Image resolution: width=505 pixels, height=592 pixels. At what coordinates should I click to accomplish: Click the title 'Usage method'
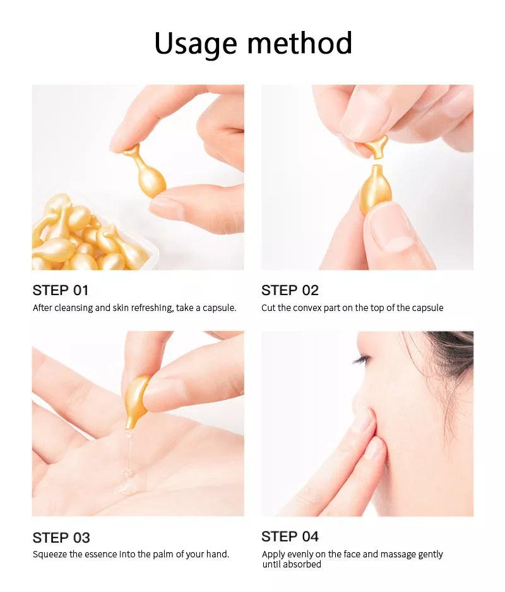point(253,44)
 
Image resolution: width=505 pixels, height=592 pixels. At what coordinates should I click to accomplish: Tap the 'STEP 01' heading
point(61,291)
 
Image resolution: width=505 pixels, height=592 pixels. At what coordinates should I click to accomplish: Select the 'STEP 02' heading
point(290,291)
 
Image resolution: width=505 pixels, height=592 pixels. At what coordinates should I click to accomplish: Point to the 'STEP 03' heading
point(61,538)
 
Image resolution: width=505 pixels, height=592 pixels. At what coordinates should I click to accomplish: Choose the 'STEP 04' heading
point(290,536)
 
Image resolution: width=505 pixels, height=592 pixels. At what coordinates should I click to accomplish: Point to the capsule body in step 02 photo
point(375,189)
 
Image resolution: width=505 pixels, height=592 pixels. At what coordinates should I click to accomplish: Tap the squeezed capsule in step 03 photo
point(136,401)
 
